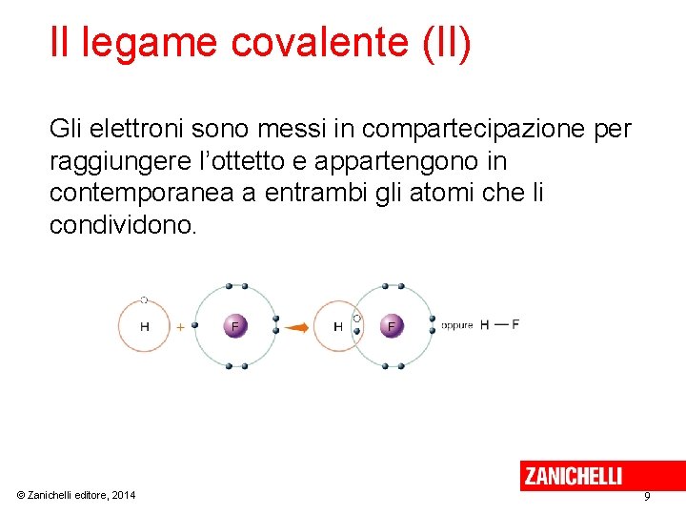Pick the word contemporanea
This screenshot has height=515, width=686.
[143, 193]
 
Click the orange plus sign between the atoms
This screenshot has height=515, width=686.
[181, 326]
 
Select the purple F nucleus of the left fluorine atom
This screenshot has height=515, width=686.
[235, 326]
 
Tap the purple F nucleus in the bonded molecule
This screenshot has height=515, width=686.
[391, 326]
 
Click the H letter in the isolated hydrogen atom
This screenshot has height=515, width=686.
[145, 326]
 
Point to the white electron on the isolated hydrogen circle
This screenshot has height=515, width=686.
[144, 299]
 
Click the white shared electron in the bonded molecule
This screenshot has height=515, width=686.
[357, 319]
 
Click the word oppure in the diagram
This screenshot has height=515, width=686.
[457, 325]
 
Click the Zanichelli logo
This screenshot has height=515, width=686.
[573, 475]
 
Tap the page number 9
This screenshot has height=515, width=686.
[647, 497]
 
